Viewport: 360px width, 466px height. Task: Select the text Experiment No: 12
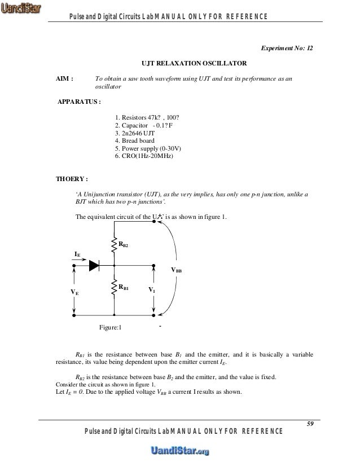[x=286, y=49]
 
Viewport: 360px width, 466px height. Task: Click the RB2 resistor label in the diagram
[x=124, y=244]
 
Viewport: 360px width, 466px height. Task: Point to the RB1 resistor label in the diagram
[x=124, y=287]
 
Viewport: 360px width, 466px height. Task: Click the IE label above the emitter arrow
[x=77, y=254]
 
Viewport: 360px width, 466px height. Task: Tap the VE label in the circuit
[x=74, y=292]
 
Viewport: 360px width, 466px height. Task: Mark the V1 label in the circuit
[x=152, y=289]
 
